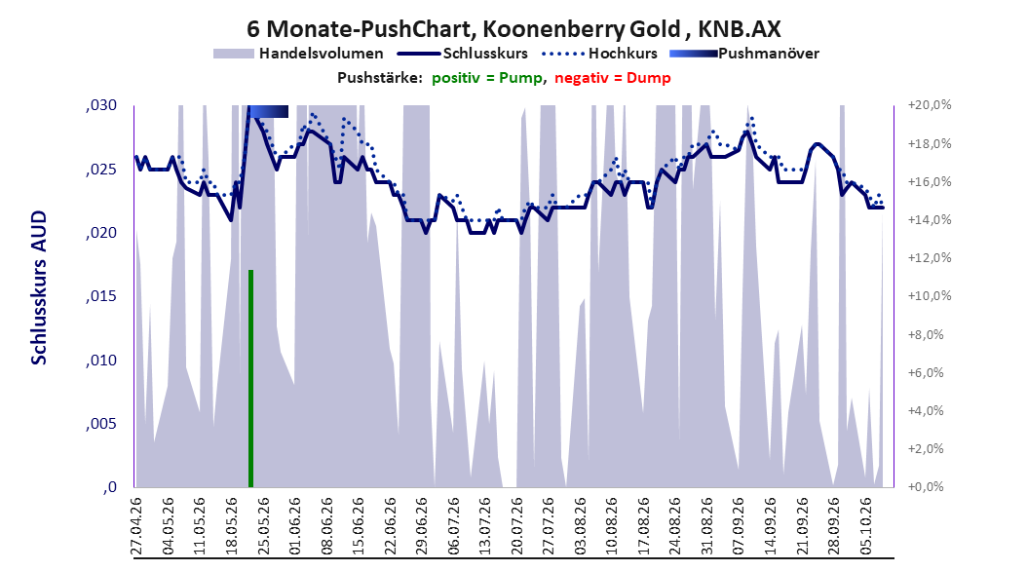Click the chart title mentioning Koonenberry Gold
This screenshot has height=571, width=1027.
[x=513, y=29]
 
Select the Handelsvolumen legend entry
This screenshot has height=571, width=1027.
[x=299, y=54]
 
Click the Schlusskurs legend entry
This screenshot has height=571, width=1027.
[x=463, y=54]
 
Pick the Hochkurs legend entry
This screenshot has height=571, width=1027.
[x=600, y=54]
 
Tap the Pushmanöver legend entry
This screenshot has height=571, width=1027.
[x=744, y=54]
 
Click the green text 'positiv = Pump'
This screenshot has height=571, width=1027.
[x=487, y=78]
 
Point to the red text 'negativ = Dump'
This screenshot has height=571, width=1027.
[x=613, y=78]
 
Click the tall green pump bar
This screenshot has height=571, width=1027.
[x=250, y=378]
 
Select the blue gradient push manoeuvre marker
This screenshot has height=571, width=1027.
[x=268, y=112]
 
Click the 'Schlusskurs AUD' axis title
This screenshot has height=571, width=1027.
[x=39, y=287]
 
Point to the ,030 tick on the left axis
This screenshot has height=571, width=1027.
[x=101, y=106]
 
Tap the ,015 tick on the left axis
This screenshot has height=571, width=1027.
[x=101, y=296]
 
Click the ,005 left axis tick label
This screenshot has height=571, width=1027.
[x=101, y=424]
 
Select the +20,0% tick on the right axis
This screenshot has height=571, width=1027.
[x=930, y=105]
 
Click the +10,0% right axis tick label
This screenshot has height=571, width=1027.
[x=930, y=296]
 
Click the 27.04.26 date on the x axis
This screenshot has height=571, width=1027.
[x=136, y=526]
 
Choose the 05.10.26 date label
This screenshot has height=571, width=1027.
[x=866, y=526]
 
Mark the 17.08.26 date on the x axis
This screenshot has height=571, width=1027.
[x=644, y=526]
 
